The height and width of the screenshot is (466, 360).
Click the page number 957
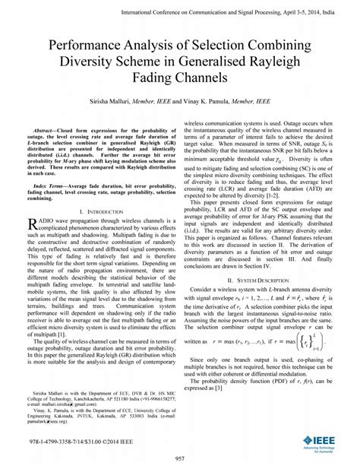pyautogui.click(x=180, y=458)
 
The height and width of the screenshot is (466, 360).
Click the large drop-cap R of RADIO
pyautogui.click(x=33, y=223)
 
